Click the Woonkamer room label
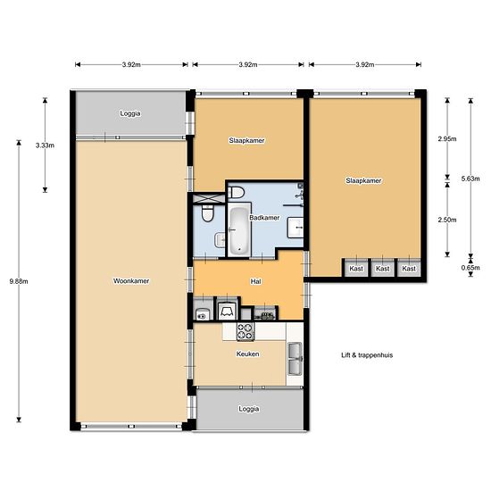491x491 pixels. (131, 281)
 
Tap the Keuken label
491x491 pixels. (247, 354)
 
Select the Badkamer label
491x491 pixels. (264, 217)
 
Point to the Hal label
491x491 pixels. (255, 281)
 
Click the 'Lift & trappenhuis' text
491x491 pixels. (367, 355)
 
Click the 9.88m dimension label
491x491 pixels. (19, 281)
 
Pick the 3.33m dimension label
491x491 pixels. (45, 146)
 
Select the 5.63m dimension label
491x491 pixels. (470, 179)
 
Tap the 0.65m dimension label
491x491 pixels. (470, 268)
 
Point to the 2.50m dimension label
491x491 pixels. (447, 220)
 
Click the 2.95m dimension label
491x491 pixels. (447, 138)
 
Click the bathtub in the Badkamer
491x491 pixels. (239, 230)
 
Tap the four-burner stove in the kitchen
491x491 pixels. (245, 331)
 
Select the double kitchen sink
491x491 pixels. (295, 359)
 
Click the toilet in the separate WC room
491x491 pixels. (207, 213)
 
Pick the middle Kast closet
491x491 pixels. (382, 269)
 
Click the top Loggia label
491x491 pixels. (130, 113)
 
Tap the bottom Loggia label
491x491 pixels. (249, 409)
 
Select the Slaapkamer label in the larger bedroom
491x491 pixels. (363, 180)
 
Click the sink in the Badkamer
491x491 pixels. (295, 228)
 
